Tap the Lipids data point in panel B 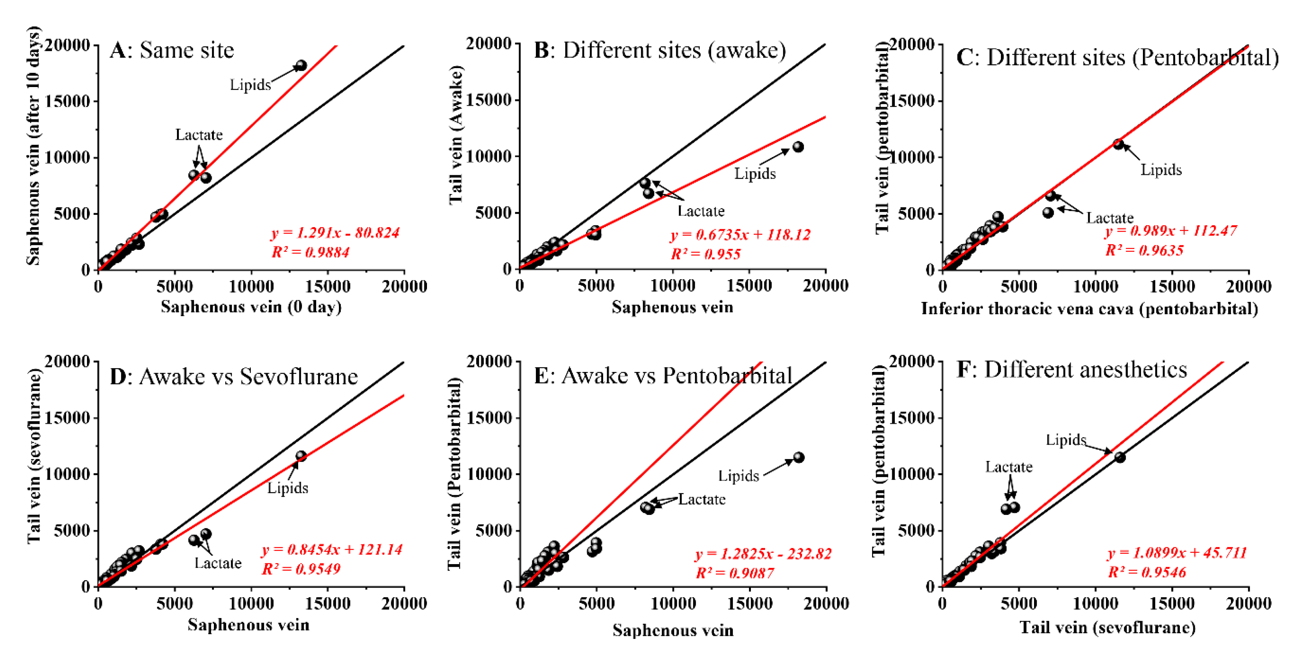pos(798,147)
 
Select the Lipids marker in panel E pos(799,457)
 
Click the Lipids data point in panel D pos(301,456)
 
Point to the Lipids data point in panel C pos(1118,144)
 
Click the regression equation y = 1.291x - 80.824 pos(335,233)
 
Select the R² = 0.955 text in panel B pos(705,254)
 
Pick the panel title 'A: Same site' pos(172,50)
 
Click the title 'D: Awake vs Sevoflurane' pos(234,377)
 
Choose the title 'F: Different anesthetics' pos(1071,370)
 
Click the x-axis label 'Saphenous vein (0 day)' pos(251,307)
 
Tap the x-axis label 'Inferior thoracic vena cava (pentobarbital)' pos(1089,308)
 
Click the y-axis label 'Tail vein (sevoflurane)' pos(34,456)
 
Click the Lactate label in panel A pos(198,134)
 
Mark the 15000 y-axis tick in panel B pos(489,100)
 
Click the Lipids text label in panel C pos(1161,169)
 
